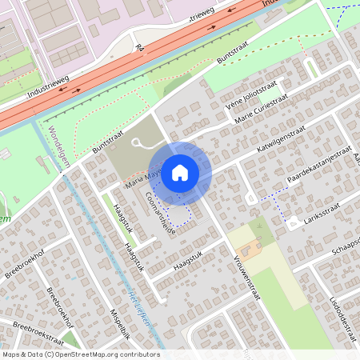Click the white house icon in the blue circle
tap(180, 171)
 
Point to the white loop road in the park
tap(141, 143)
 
